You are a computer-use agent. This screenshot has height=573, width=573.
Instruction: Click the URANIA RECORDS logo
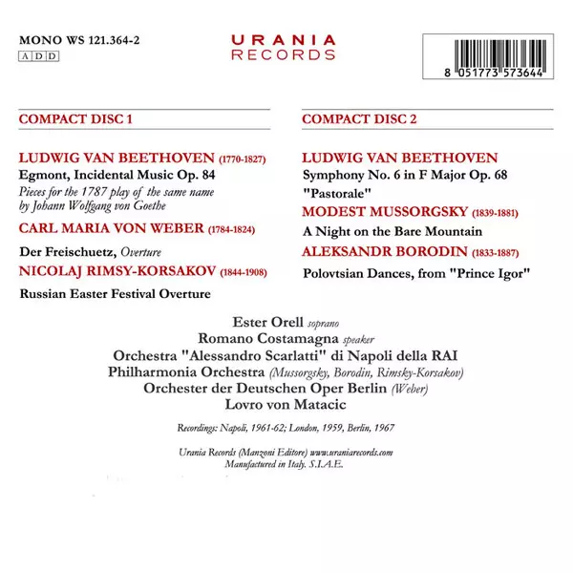coord(284,47)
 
